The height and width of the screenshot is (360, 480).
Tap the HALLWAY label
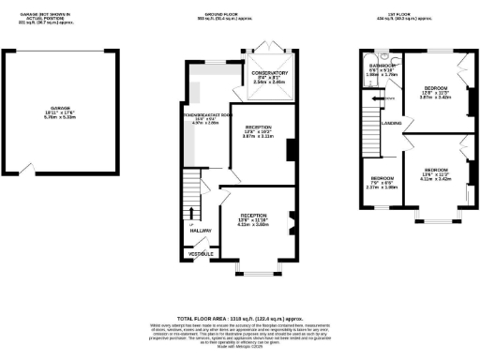coord(202,229)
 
